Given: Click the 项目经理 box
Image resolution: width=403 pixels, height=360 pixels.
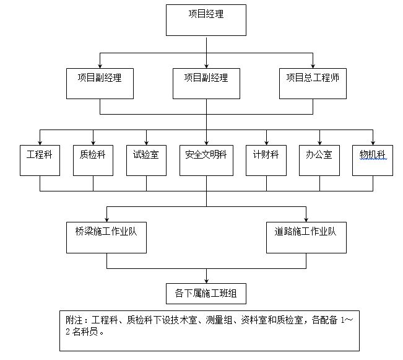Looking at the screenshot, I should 206,20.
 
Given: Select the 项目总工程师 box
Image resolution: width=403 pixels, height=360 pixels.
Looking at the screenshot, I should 312,83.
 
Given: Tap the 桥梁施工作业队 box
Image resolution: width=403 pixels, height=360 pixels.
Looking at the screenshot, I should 106,237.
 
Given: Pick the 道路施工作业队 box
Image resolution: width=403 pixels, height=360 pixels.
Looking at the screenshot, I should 306,237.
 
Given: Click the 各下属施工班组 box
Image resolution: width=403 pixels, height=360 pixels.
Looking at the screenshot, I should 206,294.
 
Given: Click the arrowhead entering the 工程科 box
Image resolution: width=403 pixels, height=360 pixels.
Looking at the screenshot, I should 40,143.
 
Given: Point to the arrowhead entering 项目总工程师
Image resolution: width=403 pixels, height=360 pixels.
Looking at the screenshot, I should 312,64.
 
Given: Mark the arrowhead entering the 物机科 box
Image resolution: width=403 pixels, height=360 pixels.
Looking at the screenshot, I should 373,143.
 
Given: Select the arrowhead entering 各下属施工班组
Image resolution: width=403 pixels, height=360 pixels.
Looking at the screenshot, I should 206,281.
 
